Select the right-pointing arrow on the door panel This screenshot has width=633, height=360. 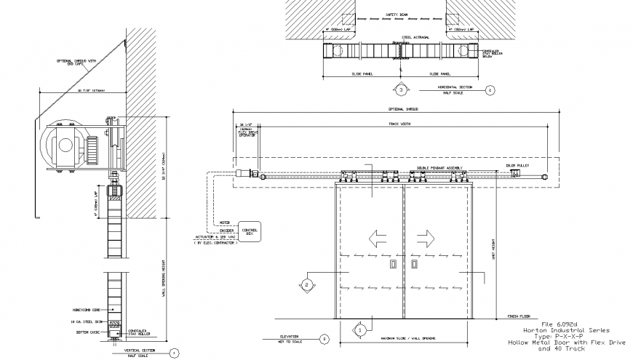pyautogui.click(x=426, y=237)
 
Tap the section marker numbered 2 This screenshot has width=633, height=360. pyautogui.click(x=308, y=284)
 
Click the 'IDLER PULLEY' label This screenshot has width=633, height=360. pyautogui.click(x=517, y=166)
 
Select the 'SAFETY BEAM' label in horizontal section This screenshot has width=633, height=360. pyautogui.click(x=397, y=14)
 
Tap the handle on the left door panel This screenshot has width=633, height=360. pyautogui.click(x=391, y=264)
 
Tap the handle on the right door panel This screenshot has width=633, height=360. pyautogui.click(x=412, y=264)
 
